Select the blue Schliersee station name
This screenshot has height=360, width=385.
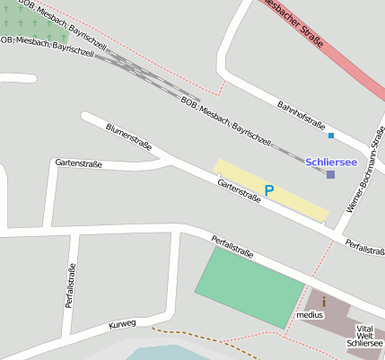coord(331,162)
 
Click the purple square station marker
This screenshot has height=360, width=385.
coord(330,174)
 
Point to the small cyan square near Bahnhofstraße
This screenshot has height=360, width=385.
coord(331,136)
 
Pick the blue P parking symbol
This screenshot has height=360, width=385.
coord(268,190)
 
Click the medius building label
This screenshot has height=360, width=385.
coord(310,315)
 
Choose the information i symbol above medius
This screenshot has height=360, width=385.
coord(323,302)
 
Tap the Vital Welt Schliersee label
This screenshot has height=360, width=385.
coord(364,336)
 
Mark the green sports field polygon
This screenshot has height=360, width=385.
coord(249,285)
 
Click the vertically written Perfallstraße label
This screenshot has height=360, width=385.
coord(70,285)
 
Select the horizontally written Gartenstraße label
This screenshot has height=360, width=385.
coord(78,163)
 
